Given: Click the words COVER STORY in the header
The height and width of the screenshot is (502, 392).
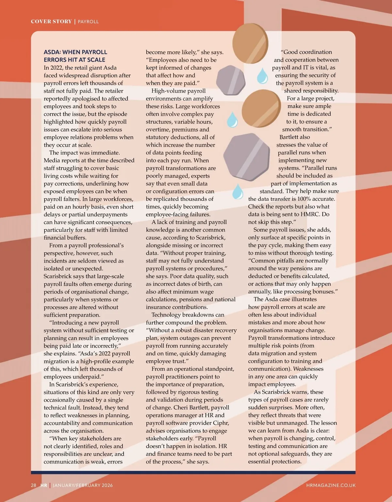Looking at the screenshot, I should tap(51, 22).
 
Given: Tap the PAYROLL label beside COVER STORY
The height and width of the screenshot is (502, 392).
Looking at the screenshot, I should tap(88, 22).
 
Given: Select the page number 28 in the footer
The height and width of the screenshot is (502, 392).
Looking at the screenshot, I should tap(34, 485).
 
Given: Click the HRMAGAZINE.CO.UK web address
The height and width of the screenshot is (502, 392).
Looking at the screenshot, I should tap(331, 485).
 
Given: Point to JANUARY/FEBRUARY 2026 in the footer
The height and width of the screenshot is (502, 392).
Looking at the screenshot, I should tap(83, 485).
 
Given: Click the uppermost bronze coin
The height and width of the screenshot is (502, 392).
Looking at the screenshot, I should tap(250, 43).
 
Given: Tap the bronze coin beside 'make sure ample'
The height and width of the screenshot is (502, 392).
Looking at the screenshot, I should tap(261, 109).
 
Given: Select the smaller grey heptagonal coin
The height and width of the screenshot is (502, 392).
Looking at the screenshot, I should tap(231, 80).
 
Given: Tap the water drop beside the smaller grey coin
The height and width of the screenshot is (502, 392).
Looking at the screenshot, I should tap(262, 76).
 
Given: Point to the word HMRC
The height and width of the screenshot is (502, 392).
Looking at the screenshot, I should tap(317, 214).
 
